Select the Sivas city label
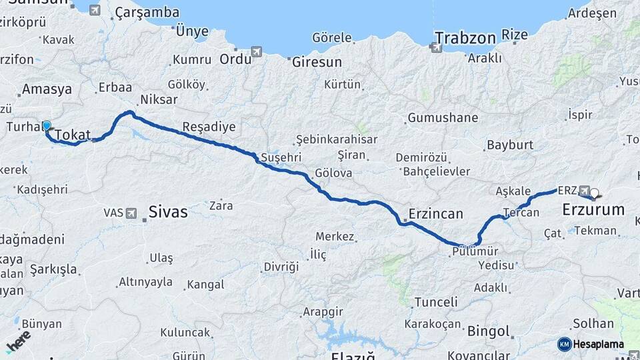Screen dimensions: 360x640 167,212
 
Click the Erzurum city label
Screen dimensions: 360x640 593,209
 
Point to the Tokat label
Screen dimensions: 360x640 72,135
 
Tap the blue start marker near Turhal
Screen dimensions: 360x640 47,125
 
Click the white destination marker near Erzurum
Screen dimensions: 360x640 594,194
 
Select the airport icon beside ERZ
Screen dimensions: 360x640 585,190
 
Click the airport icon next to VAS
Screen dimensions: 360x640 131,213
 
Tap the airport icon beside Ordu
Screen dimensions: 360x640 257,52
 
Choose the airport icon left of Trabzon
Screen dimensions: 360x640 436,47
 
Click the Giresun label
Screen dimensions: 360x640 317,62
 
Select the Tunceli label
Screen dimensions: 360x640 436,302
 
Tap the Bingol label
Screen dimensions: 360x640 489,331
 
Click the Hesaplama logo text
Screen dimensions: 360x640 599,344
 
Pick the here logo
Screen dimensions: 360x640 18,341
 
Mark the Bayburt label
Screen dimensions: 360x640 510,145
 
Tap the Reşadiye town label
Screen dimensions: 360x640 209,127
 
